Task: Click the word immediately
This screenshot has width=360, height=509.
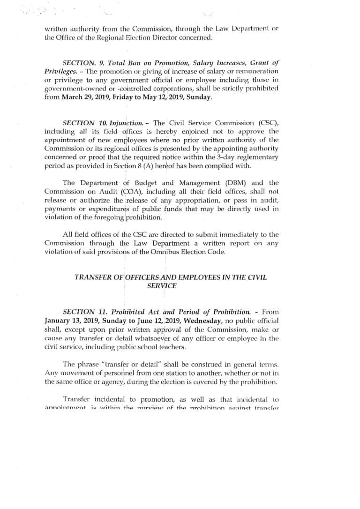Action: click(240, 234)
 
